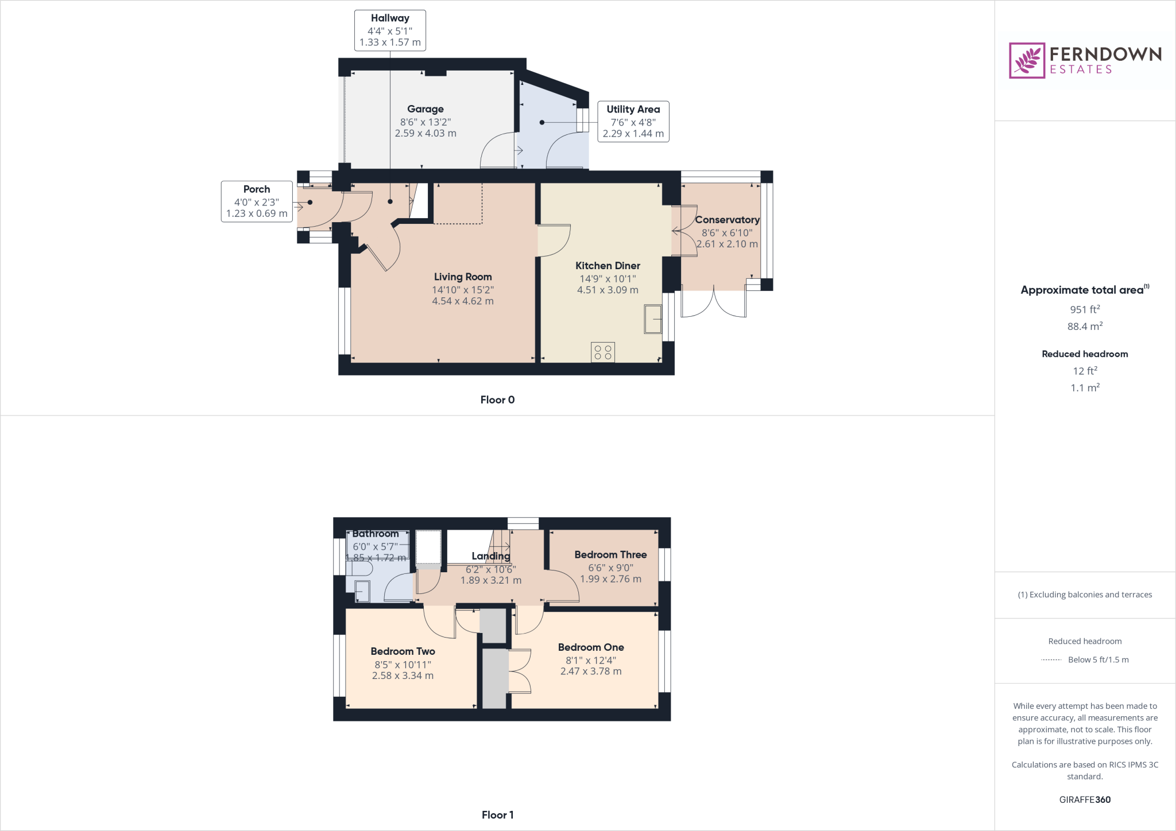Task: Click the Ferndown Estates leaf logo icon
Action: pyautogui.click(x=1027, y=60)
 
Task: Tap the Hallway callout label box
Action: pyautogui.click(x=390, y=30)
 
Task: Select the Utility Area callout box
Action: pyautogui.click(x=633, y=121)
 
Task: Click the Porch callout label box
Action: pyautogui.click(x=257, y=201)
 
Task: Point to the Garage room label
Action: pyautogui.click(x=425, y=109)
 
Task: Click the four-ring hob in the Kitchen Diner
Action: pyautogui.click(x=602, y=352)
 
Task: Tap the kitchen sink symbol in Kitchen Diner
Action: pyautogui.click(x=653, y=319)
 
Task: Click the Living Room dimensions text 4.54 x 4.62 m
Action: pyautogui.click(x=462, y=301)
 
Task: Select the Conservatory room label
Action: pyautogui.click(x=727, y=220)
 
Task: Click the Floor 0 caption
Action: pyautogui.click(x=497, y=400)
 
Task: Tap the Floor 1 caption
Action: pyautogui.click(x=497, y=815)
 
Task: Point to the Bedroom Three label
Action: pyautogui.click(x=610, y=555)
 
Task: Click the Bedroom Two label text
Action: pyautogui.click(x=403, y=651)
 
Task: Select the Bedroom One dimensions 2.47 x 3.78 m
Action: pyautogui.click(x=590, y=671)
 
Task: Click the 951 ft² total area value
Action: pyautogui.click(x=1084, y=309)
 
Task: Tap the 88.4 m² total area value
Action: pyautogui.click(x=1084, y=327)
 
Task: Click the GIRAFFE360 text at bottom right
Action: pyautogui.click(x=1084, y=799)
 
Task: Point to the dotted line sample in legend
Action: pyautogui.click(x=1051, y=660)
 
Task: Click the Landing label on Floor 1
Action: pyautogui.click(x=490, y=556)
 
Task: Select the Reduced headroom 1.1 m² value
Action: pyautogui.click(x=1084, y=388)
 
